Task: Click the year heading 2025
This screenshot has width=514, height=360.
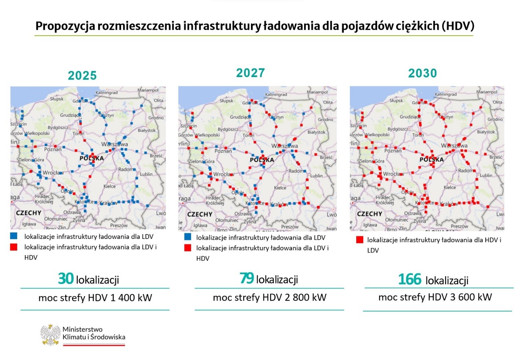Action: coord(82,76)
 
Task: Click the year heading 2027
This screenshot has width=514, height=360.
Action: coord(250,73)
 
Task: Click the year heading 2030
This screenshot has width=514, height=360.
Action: coord(422,73)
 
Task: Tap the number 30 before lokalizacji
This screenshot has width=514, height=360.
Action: coord(66,279)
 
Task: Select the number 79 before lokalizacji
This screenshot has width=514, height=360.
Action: coord(247,278)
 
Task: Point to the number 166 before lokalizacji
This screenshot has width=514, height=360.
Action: coord(409,280)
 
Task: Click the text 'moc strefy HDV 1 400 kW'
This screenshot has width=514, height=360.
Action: coord(95,298)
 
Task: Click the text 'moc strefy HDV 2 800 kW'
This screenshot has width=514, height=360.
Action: coord(269,297)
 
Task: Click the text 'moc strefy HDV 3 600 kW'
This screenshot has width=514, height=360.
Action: coord(435,297)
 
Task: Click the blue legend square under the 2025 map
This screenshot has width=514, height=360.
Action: coord(14,236)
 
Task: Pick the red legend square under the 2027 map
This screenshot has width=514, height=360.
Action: coord(188,248)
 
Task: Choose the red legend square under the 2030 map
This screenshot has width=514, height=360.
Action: coord(360,240)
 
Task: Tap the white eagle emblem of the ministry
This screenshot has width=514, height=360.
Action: coord(50,334)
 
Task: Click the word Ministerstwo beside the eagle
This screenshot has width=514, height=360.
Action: coord(83,329)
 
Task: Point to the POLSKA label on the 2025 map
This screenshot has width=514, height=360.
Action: coord(92,159)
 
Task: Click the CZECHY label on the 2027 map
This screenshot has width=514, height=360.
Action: coord(200,214)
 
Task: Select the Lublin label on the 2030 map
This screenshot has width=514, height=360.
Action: coord(486,175)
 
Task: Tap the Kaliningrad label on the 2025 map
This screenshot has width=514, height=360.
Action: coord(106,92)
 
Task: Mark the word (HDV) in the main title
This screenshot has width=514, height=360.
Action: coord(458,26)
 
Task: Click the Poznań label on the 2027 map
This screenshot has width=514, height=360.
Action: coord(223,151)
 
